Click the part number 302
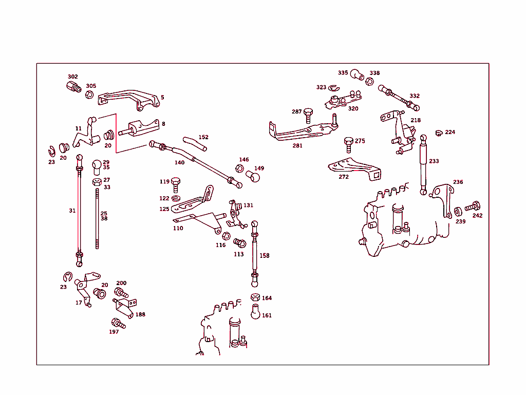tap(73, 77)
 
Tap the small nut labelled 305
tap(89, 95)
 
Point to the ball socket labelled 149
tap(253, 177)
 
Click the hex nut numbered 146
tap(239, 168)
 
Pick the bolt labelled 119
tap(176, 183)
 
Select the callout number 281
tap(297, 145)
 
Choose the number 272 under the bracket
tap(344, 177)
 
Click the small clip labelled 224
tap(438, 134)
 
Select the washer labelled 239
tap(458, 212)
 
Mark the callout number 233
tap(434, 161)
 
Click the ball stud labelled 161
tap(255, 312)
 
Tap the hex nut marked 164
tap(255, 297)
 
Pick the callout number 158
tap(265, 255)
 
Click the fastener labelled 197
tap(117, 324)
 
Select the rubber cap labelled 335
tap(358, 75)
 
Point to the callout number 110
tap(178, 228)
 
